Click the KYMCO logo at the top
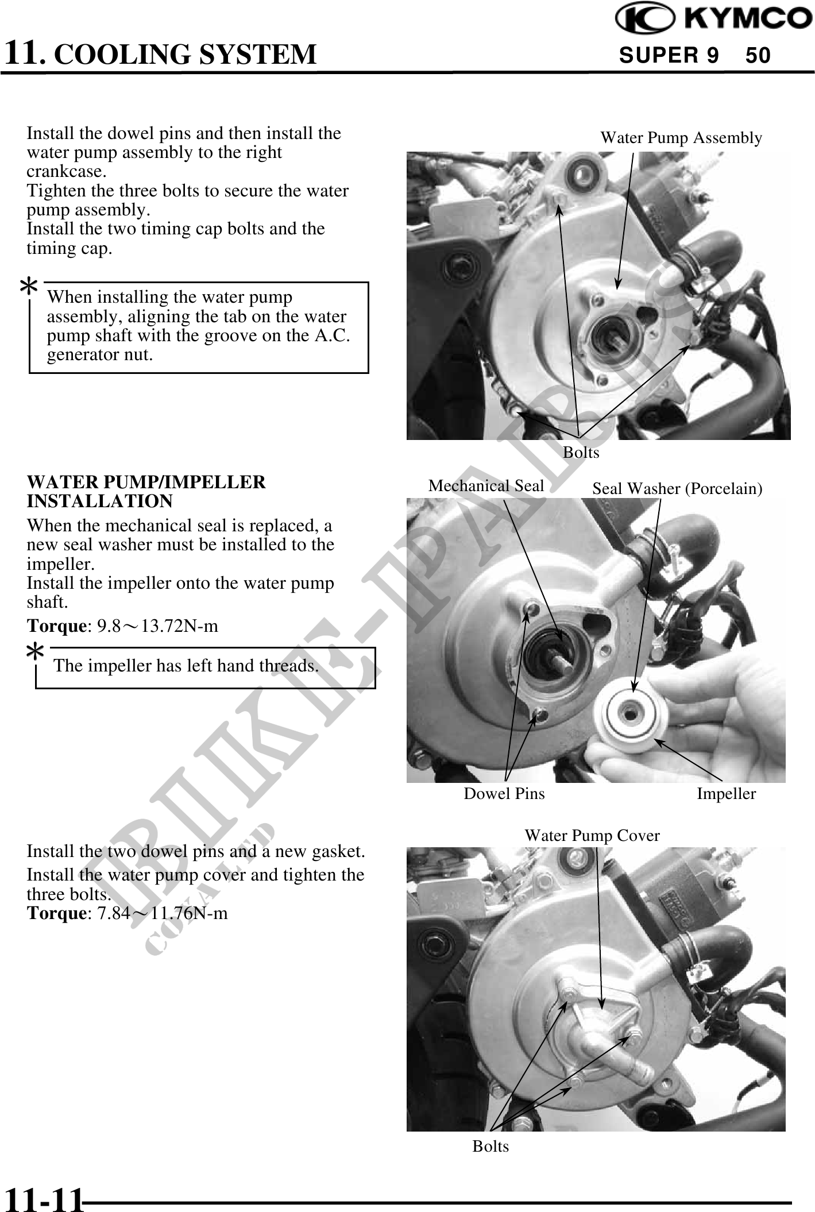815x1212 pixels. point(714,18)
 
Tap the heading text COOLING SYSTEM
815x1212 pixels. point(188,54)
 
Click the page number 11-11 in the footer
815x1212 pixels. point(44,1199)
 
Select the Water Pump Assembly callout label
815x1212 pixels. point(681,138)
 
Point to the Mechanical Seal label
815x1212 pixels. point(486,486)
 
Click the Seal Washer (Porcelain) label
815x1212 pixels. point(677,488)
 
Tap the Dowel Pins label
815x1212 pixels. point(504,794)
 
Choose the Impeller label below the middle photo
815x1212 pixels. point(727,794)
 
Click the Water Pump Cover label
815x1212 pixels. point(592,835)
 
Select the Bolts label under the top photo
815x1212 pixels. point(581,453)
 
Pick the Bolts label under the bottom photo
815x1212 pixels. point(490,1146)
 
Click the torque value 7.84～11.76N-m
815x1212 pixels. point(163,913)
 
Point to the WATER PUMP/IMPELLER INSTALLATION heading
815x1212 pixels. point(146,491)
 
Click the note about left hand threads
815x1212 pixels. point(186,666)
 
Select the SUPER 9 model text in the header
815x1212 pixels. point(669,55)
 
